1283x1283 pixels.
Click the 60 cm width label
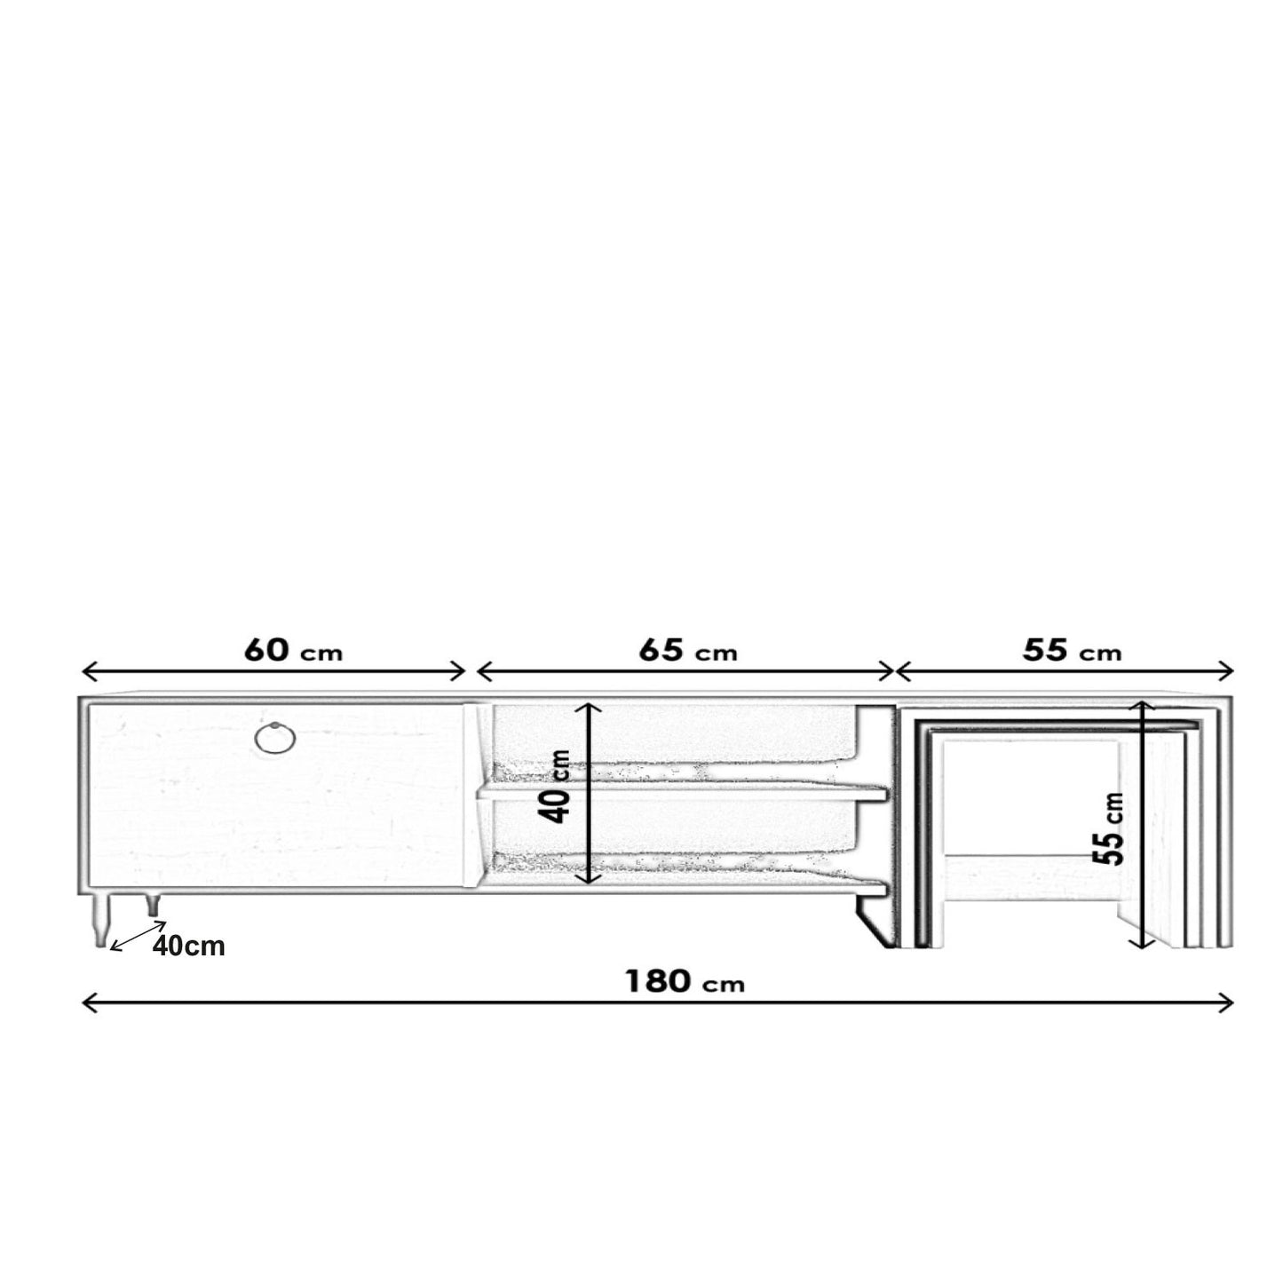tap(293, 651)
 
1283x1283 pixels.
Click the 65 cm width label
tap(688, 651)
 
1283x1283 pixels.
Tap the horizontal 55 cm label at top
tap(1072, 651)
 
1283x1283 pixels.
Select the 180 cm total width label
tap(685, 981)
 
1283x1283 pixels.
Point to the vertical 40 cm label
tap(556, 787)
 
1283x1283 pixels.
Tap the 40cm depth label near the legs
tap(188, 946)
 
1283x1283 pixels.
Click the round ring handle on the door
tap(276, 738)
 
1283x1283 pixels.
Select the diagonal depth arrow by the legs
tap(138, 936)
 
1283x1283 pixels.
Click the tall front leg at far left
tap(99, 920)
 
